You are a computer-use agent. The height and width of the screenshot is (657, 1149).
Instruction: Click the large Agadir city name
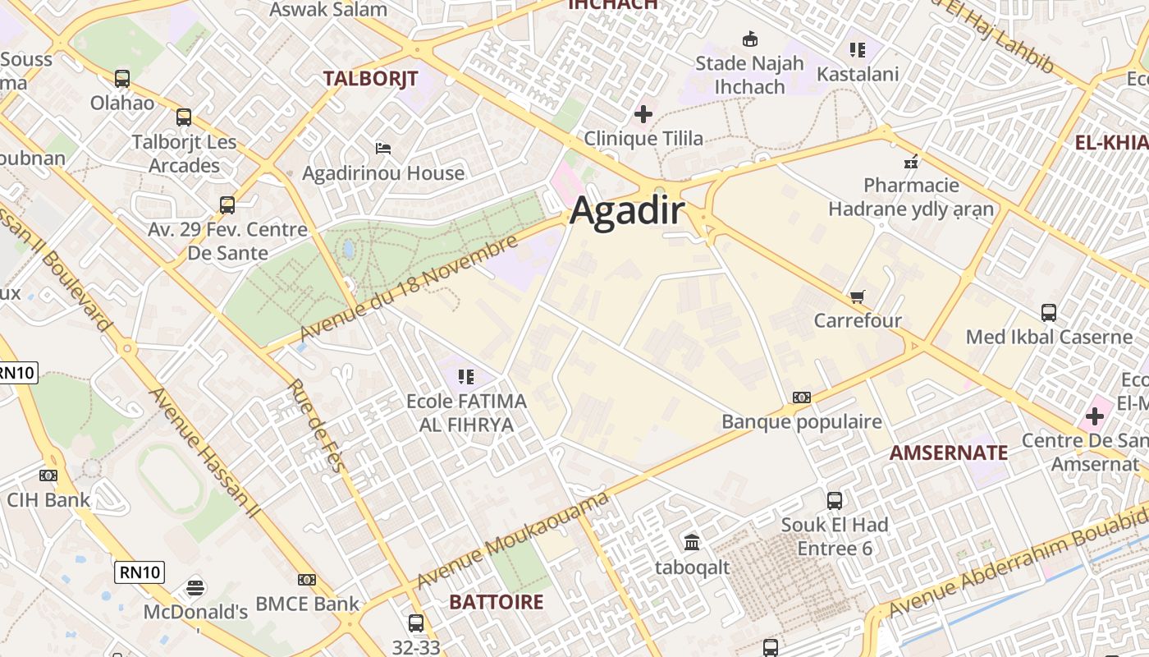coord(627,211)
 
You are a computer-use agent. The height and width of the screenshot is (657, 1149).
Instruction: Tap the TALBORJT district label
coord(370,79)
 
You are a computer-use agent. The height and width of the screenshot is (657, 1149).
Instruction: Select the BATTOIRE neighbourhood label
coord(496,602)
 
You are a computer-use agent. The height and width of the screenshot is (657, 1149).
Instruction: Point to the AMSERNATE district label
coord(949,453)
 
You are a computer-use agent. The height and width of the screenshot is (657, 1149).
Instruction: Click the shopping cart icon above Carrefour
coord(858,296)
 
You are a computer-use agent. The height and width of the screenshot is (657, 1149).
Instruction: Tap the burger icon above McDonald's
coord(195,587)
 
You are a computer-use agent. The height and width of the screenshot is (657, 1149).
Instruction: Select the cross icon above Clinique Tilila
coord(643,114)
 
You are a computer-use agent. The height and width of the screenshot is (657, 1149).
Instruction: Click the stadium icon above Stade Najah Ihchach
coord(749,39)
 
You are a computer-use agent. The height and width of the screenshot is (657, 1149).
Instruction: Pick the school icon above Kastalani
coord(858,50)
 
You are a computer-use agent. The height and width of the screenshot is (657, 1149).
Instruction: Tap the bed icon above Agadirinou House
coord(383,149)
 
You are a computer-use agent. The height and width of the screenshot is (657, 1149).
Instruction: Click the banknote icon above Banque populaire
coord(802,397)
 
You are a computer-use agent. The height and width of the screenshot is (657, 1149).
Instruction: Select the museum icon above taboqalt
coord(692,542)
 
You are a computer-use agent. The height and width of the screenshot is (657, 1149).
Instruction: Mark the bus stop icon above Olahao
coord(122,79)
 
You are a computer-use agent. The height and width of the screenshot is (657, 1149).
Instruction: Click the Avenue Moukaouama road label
coord(513,540)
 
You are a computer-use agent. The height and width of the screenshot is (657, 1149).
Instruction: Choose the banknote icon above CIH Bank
coord(48,475)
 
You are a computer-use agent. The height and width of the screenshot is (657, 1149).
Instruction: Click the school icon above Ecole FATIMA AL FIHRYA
coord(466,377)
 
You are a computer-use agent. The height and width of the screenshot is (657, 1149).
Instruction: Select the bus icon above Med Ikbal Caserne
coord(1049,312)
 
